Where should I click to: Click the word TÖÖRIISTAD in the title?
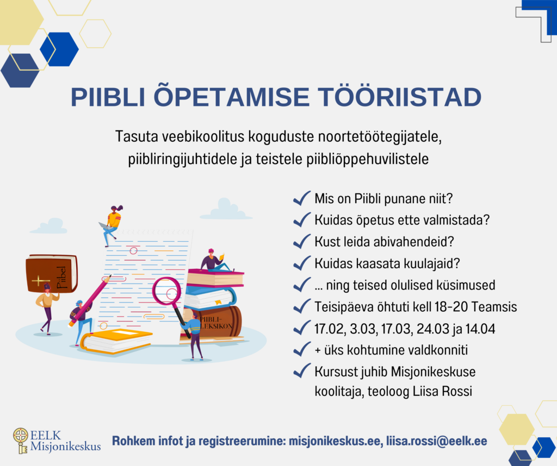[399, 97]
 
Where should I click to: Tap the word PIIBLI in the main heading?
[108, 97]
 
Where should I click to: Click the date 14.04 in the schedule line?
[480, 329]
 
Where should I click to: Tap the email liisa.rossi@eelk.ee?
[437, 441]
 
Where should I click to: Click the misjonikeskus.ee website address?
[335, 441]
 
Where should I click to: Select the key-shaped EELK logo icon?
[21, 440]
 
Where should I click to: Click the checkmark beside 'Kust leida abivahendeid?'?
[301, 242]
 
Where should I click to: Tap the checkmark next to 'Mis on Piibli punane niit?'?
[301, 198]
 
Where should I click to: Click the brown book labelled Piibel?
[52, 273]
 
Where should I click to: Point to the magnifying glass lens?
[166, 292]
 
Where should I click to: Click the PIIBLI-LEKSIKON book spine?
[213, 322]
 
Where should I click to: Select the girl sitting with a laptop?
[111, 225]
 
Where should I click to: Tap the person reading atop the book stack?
[215, 260]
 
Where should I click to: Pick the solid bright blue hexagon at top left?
[59, 49]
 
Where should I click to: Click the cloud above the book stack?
[226, 209]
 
